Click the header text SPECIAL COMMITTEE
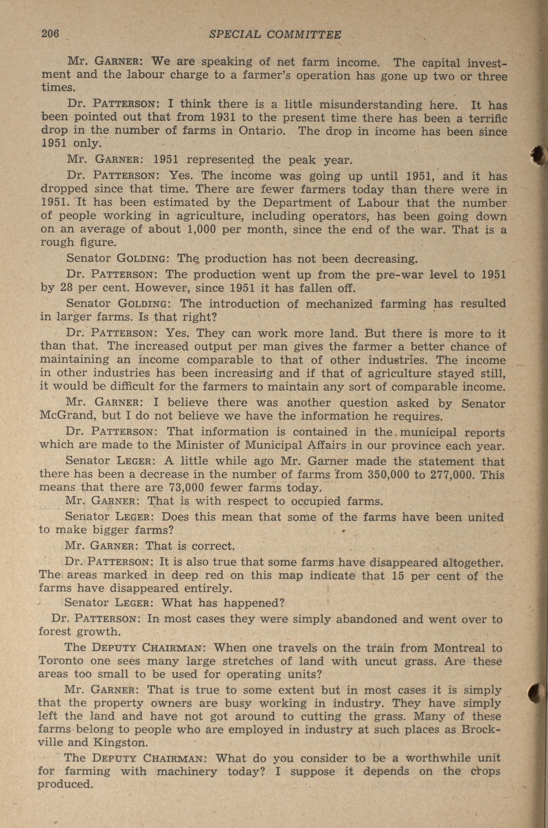pos(275,34)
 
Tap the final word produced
pos(65,785)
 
